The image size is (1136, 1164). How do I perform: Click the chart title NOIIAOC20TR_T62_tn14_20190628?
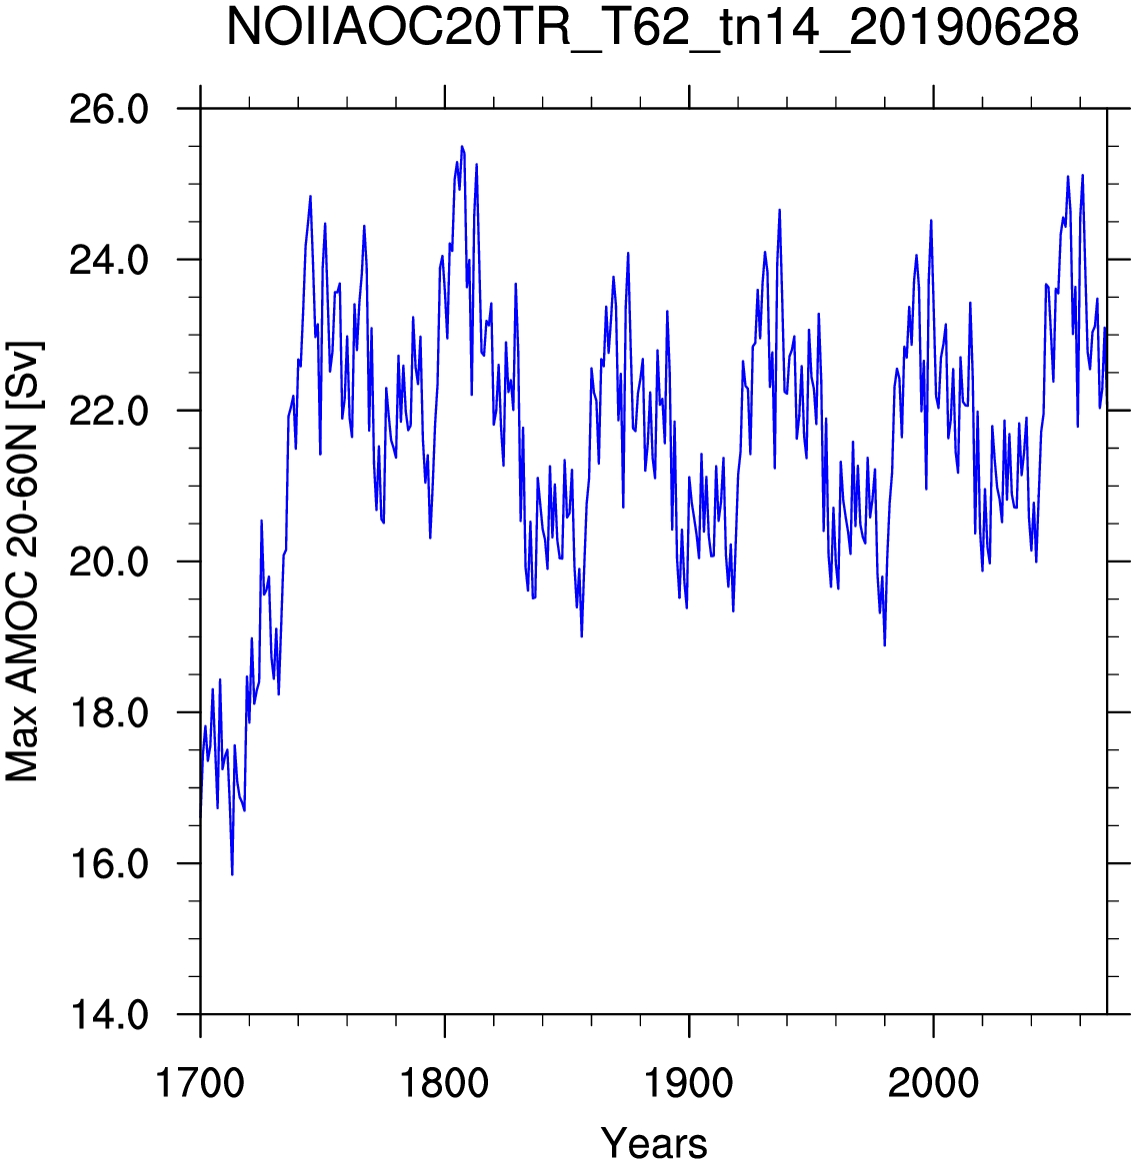[652, 28]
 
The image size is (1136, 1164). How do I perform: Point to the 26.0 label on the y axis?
[108, 110]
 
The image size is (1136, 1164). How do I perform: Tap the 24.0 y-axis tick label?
[108, 261]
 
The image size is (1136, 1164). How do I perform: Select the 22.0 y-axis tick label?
[108, 412]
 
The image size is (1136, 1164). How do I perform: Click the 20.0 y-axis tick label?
[108, 563]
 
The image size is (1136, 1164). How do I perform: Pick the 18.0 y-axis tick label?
[108, 713]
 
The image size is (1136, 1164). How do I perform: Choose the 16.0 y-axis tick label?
[108, 865]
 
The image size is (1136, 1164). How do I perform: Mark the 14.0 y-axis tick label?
[108, 1015]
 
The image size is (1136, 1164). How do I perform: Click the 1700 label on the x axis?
[200, 1083]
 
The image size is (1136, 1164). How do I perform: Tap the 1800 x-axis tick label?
[444, 1083]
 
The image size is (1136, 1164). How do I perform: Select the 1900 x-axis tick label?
[689, 1083]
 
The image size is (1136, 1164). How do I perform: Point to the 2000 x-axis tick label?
[933, 1083]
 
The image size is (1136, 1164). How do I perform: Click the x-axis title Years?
[654, 1142]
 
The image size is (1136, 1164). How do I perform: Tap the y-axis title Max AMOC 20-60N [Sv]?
[24, 562]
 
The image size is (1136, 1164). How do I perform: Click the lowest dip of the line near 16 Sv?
[232, 874]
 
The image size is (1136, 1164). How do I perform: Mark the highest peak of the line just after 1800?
[461, 146]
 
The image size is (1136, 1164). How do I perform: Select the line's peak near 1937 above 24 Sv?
[779, 210]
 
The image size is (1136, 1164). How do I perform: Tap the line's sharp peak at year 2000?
[930, 221]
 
